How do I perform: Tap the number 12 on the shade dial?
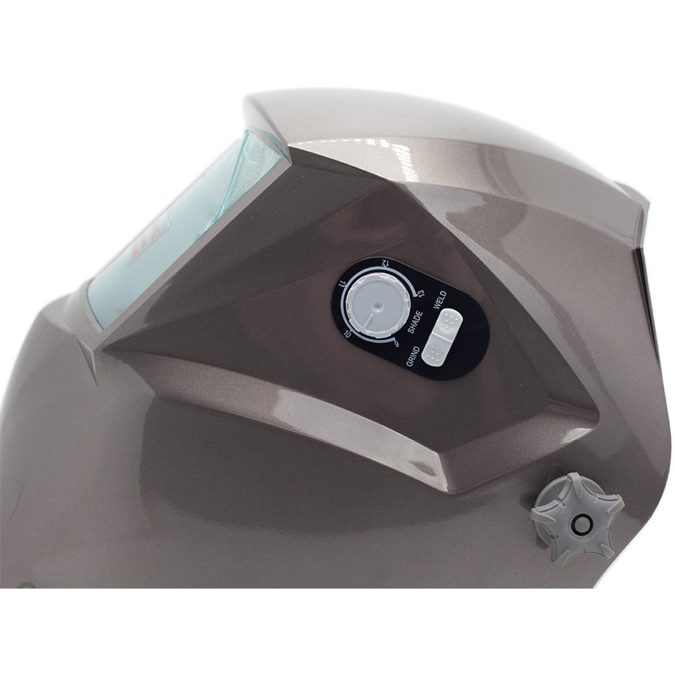click(384, 262)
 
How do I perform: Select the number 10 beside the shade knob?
click(347, 333)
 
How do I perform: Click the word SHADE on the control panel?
click(416, 322)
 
